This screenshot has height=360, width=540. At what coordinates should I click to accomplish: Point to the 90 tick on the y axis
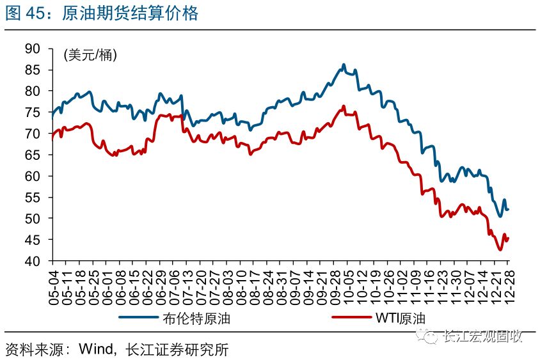[32, 49]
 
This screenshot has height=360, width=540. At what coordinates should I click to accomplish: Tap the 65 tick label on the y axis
[32, 155]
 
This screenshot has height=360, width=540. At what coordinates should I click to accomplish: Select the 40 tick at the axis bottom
[32, 261]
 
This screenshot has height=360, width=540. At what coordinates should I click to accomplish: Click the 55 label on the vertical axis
[32, 197]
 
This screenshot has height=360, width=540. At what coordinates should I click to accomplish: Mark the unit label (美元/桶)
[90, 55]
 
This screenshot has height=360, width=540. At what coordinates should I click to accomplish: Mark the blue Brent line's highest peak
[344, 65]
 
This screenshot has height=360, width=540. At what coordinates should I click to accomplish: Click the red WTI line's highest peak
[344, 106]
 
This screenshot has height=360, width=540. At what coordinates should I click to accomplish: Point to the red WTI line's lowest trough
[500, 250]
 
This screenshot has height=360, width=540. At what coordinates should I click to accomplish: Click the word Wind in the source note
[97, 349]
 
